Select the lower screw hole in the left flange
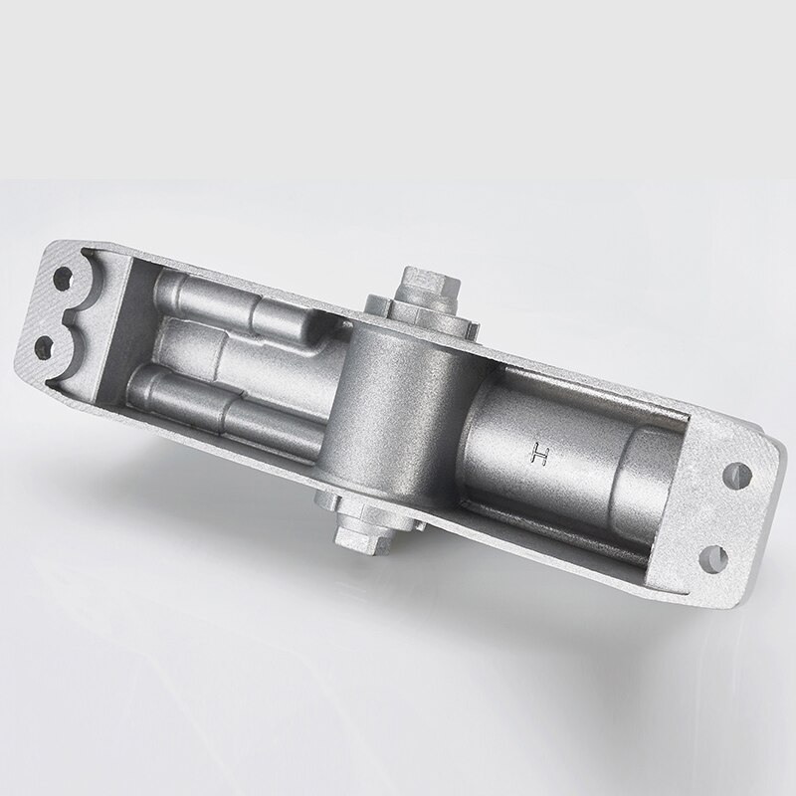click(x=44, y=345)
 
